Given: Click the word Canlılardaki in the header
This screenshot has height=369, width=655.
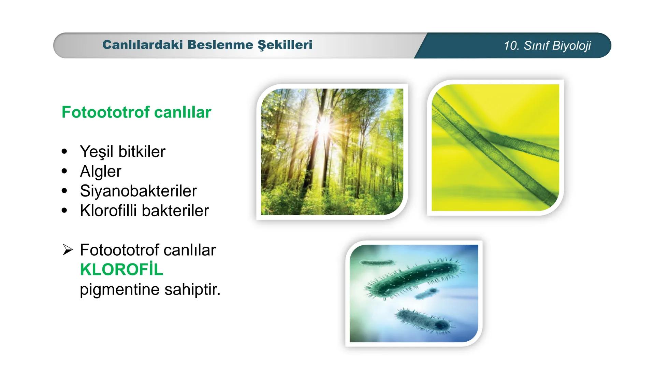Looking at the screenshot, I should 143,45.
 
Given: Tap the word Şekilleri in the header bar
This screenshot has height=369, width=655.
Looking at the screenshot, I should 285,45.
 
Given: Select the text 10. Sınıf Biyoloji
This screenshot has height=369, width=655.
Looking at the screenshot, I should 547,45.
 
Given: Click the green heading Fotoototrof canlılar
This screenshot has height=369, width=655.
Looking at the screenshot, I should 136,112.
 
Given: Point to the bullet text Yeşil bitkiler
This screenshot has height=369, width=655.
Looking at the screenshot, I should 122,151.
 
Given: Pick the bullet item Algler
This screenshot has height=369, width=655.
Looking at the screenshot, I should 100,171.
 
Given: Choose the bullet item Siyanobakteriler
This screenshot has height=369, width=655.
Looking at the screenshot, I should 138,191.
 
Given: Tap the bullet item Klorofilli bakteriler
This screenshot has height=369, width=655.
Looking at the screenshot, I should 144,210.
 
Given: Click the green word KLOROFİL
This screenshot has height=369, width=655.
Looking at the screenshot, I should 121,270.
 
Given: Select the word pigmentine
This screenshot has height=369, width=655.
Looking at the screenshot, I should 120,289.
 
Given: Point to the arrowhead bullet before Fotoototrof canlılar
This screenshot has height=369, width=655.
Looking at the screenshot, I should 68,250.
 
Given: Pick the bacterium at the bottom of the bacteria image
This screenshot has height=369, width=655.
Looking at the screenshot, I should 423,320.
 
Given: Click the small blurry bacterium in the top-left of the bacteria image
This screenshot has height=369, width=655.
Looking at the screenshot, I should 376,263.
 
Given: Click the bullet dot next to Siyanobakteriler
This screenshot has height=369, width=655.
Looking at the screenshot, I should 64,191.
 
